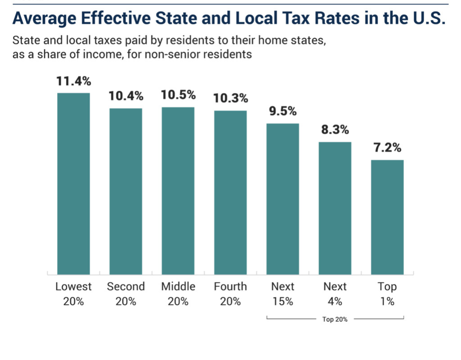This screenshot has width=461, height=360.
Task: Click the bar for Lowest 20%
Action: (73, 184)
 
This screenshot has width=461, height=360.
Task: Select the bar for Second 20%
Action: (126, 191)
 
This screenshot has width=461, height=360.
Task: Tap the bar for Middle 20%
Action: (178, 191)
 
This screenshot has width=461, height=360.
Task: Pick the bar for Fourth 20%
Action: (230, 192)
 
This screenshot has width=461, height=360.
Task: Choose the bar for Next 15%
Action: (283, 198)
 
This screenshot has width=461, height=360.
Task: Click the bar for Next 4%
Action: (335, 208)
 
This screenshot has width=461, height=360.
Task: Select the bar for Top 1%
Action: (387, 217)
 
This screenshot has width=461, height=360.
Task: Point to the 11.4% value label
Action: (73, 81)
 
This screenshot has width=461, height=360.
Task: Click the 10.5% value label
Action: (178, 95)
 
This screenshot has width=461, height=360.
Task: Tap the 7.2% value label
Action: (387, 148)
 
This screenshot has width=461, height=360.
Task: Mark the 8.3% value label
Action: (335, 130)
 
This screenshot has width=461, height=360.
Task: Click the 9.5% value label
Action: (283, 112)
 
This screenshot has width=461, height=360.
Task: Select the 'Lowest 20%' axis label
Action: (73, 294)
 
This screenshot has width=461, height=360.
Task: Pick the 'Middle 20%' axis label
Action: (178, 294)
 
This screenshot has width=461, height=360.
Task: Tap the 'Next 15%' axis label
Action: (283, 294)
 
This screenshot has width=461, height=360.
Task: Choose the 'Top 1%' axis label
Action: (387, 294)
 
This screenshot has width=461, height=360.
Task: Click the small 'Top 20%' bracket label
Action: (335, 319)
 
